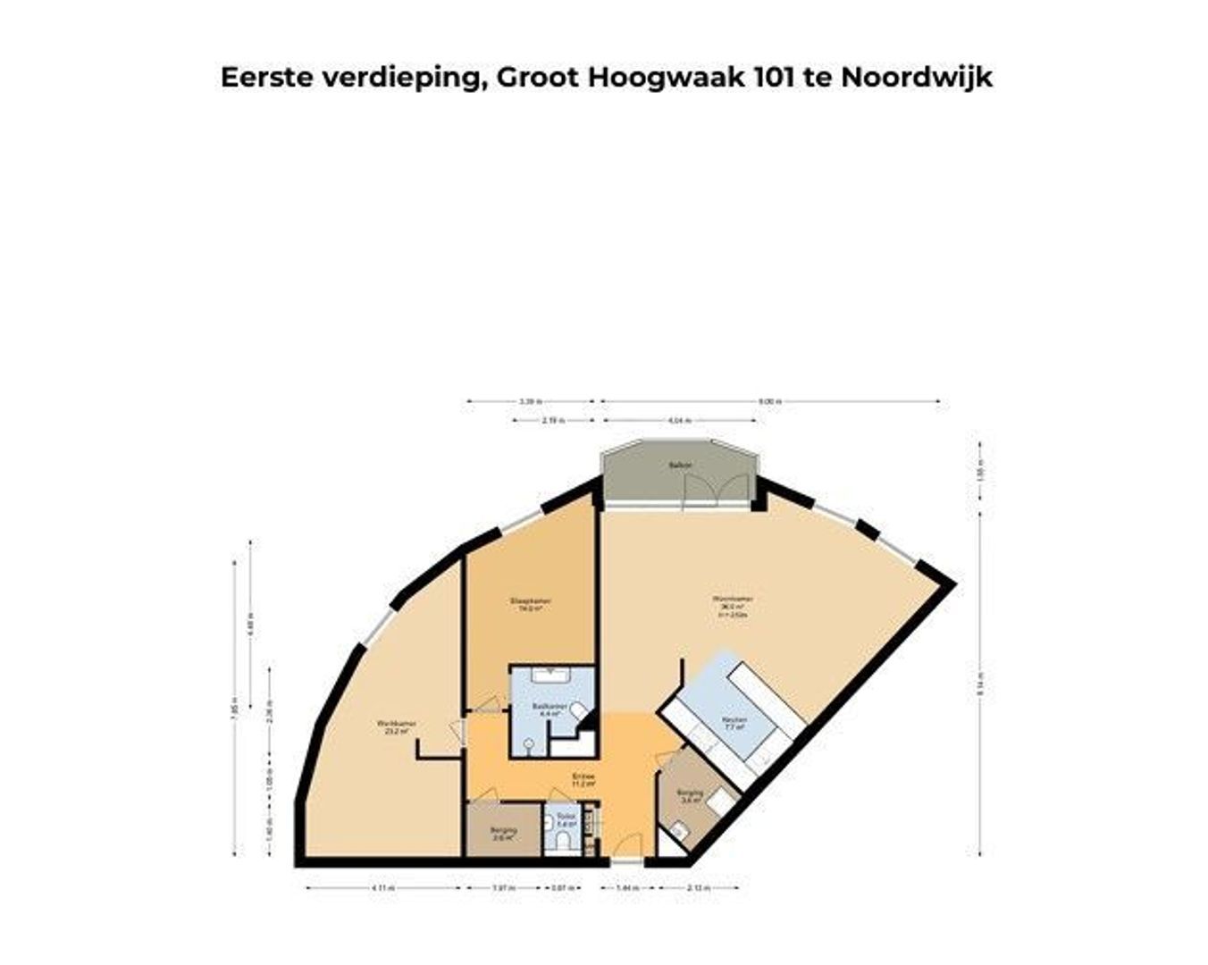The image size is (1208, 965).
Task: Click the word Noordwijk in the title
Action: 916,78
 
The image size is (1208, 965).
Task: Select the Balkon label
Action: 680,466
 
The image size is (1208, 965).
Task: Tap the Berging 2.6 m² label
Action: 503,835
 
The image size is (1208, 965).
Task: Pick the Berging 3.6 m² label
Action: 690,797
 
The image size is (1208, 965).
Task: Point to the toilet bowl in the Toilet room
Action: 562,840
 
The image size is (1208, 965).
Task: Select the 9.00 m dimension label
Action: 769,402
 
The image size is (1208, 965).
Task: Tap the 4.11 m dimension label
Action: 382,888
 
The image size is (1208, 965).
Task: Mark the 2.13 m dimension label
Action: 699,888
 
